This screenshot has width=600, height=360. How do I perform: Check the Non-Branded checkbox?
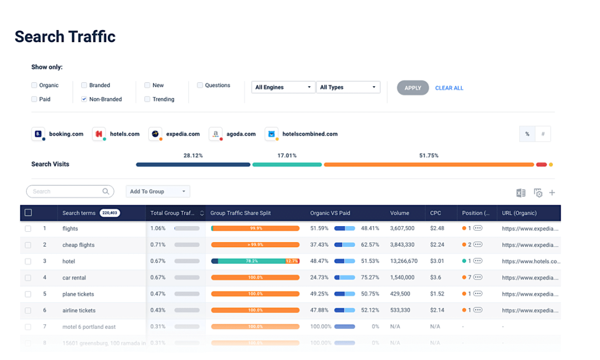pos(84,99)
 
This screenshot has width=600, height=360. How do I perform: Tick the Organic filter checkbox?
pos(34,86)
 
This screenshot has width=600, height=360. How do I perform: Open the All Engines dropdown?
pos(283,87)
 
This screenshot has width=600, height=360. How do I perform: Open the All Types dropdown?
pos(347,87)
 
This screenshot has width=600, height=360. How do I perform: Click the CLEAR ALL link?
pos(449,88)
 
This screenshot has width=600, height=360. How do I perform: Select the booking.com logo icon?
pos(38,134)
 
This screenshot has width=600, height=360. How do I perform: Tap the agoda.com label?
pos(241,134)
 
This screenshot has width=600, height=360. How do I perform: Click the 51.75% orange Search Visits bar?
pos(428,164)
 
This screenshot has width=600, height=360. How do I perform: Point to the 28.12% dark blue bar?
pos(193,164)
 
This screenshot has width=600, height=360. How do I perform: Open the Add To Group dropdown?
pos(158,192)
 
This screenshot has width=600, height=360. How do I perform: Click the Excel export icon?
pos(521,193)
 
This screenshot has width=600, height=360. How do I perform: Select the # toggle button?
pos(543,134)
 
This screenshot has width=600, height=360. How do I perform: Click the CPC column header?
pos(435,213)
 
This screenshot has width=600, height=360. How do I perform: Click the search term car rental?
pos(74,278)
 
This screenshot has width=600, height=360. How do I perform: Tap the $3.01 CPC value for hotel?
pos(437,261)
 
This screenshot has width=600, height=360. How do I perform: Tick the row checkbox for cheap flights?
pos(28,245)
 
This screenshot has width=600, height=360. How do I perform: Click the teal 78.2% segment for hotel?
pos(251,261)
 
